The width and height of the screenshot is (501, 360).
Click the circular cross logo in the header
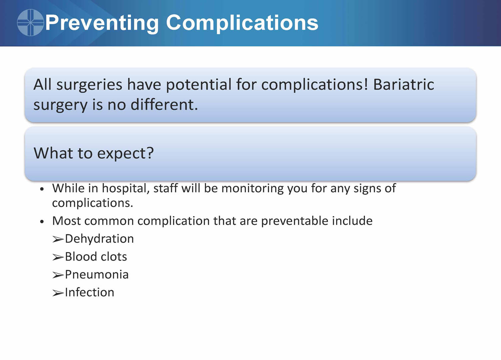coord(30,22)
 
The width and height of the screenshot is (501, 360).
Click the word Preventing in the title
coord(102,23)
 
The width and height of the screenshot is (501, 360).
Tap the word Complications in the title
coord(242,23)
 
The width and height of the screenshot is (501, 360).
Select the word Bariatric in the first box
coord(404,85)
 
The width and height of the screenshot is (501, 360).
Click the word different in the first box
coord(164,105)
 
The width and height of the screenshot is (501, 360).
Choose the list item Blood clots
coord(96,257)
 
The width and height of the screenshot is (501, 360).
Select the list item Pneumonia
coord(97,275)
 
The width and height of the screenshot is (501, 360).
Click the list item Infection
coord(90,292)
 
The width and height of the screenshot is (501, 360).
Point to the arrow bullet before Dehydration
coord(58,239)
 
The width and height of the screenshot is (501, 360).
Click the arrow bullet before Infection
coord(58,293)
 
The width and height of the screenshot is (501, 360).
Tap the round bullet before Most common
coord(42,222)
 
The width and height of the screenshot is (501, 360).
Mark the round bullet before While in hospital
coord(42,189)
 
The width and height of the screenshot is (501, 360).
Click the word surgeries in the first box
coord(89,85)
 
